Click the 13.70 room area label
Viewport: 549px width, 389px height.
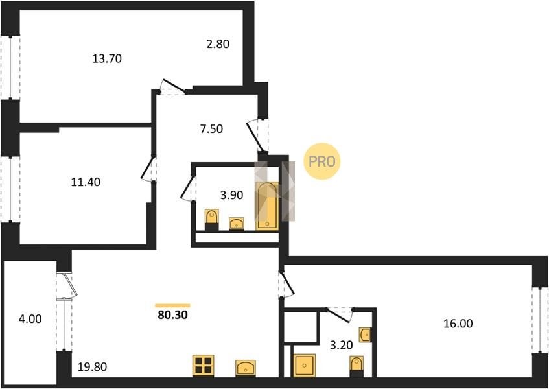[x=107, y=58]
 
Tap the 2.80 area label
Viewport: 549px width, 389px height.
[x=217, y=44]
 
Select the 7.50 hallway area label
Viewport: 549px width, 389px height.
[x=211, y=129]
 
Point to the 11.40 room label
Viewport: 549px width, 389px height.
[x=86, y=182]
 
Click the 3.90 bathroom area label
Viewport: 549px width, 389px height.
[x=231, y=195]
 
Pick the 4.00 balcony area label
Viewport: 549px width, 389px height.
[x=30, y=319]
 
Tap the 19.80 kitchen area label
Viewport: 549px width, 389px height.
[x=93, y=367]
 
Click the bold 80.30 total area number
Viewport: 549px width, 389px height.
[x=172, y=315]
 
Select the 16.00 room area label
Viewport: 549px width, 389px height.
[x=458, y=324]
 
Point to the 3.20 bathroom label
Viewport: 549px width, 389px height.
[x=342, y=345]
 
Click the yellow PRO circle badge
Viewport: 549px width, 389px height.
[x=321, y=161]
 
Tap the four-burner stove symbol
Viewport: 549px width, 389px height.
[x=204, y=366]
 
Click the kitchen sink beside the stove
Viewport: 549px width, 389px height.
[x=246, y=368]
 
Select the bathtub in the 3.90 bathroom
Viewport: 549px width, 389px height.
[x=267, y=206]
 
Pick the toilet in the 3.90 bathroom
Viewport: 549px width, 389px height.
[x=211, y=220]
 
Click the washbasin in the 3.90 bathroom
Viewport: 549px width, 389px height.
[x=237, y=224]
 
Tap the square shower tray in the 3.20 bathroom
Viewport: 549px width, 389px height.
[x=304, y=366]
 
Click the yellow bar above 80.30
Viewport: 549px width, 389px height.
[x=172, y=305]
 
